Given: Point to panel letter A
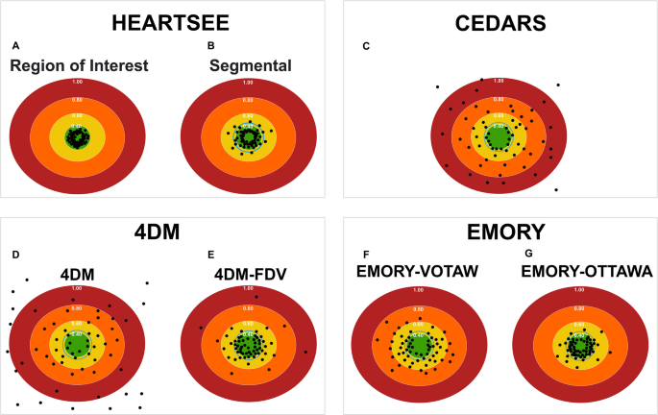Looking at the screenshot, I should click(x=14, y=46).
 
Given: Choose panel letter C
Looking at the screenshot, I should click(x=362, y=46).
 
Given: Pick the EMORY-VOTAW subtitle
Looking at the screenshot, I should click(x=416, y=272).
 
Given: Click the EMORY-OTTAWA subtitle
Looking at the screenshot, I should click(x=586, y=272).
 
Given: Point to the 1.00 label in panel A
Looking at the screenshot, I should click(x=76, y=82).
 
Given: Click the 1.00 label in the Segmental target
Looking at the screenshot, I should click(x=247, y=82).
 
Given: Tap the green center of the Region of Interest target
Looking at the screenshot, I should click(x=76, y=137).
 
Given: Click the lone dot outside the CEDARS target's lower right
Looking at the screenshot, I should click(x=557, y=190).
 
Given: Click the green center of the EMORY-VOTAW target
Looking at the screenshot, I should click(x=417, y=345).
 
